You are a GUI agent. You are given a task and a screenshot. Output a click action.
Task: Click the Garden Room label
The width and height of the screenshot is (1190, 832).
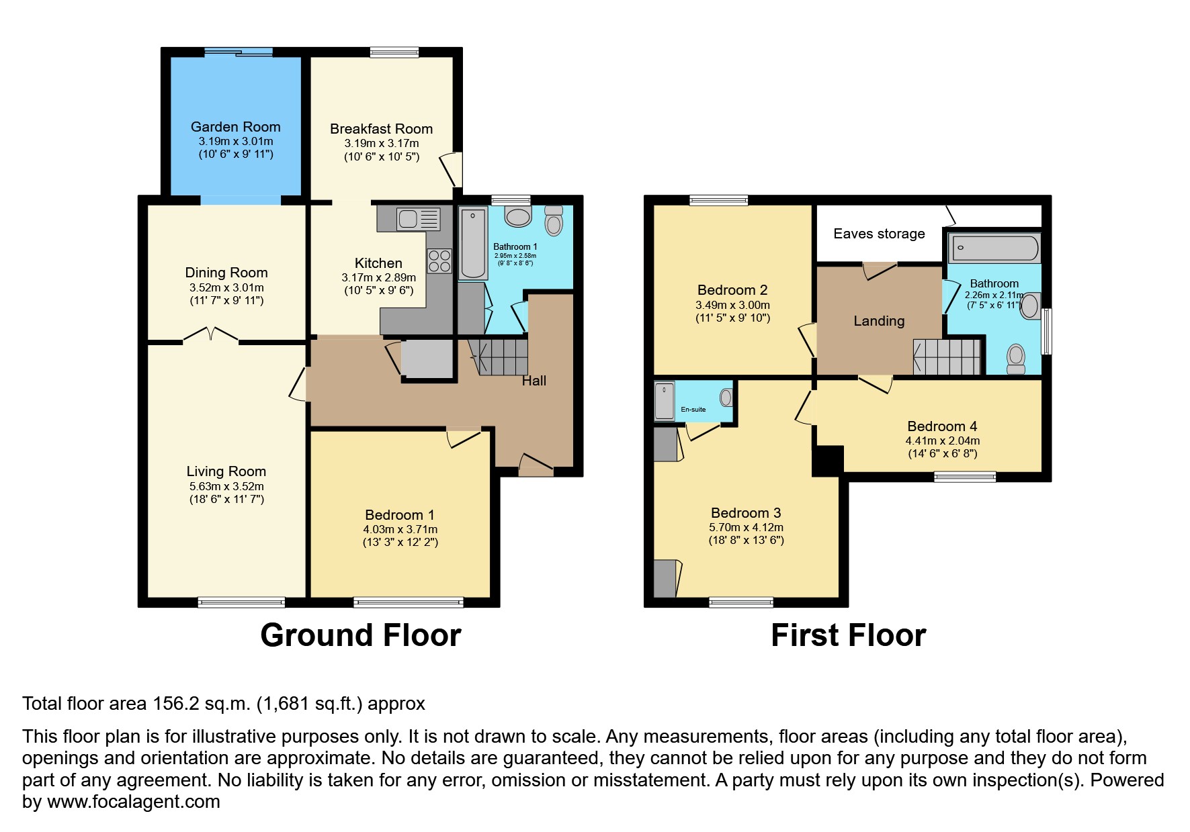[235, 127]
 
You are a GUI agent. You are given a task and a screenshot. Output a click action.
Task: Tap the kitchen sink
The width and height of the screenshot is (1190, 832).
[418, 218]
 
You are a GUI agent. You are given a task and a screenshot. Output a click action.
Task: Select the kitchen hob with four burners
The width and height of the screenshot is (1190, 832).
[439, 261]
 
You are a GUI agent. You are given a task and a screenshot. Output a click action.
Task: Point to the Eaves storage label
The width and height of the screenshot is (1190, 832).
[879, 234]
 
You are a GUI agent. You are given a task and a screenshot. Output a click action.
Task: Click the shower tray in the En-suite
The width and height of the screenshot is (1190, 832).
[665, 401]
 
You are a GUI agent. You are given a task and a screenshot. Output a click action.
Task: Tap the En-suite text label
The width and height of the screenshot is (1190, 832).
[693, 409]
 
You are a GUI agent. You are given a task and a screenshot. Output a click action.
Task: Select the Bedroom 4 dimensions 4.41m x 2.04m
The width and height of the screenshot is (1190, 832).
[942, 441]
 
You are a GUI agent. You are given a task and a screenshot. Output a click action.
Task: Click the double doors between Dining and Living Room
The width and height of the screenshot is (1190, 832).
[211, 334]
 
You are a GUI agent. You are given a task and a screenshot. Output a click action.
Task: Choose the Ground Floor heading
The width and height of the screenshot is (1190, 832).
[360, 635]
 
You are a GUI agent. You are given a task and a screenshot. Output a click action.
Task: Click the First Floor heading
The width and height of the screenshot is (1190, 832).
[848, 635]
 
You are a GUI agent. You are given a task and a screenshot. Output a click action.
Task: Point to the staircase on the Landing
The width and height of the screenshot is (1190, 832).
[946, 357]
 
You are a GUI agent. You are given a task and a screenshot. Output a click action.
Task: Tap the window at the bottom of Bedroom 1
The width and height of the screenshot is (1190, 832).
[409, 602]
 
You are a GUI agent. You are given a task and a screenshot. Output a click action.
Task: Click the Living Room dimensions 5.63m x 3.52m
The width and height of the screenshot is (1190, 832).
[226, 486]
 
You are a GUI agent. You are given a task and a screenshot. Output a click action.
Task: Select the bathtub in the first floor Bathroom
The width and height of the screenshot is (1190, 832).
[994, 248]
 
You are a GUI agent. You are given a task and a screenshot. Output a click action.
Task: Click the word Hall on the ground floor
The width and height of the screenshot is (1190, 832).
[534, 381]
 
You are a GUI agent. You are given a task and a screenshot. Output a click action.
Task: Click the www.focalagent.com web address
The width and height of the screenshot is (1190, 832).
[133, 802]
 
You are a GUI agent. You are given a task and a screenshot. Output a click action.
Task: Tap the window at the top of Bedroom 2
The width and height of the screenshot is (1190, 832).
[718, 199]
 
